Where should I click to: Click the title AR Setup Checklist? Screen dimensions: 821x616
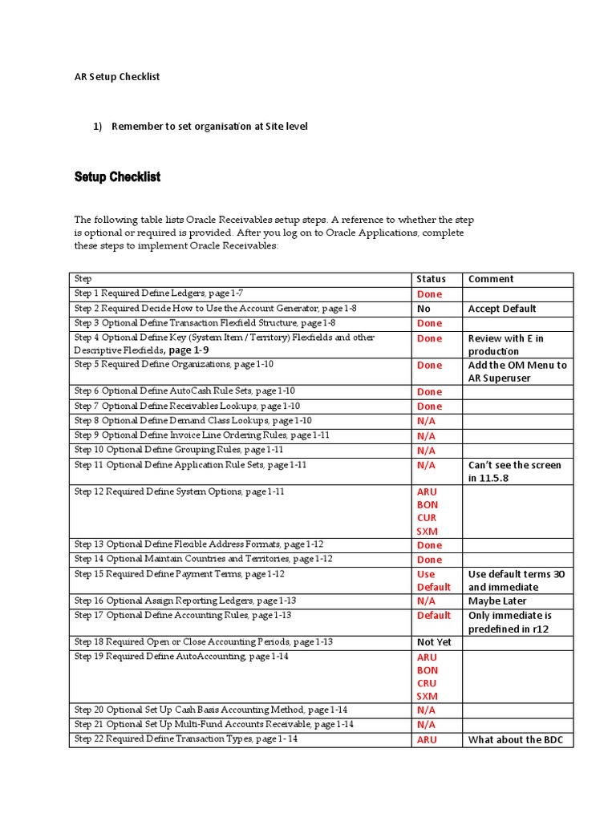coord(117,77)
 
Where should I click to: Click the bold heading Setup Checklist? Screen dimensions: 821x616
coord(117,176)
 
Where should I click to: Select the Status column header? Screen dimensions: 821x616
coord(432,279)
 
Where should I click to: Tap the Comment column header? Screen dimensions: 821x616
coord(491,279)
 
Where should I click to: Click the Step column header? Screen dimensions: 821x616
coord(83,279)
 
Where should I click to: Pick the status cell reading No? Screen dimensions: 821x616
coord(424,309)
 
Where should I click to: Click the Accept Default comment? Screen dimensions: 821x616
coord(502,309)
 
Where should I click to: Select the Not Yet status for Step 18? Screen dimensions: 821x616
coord(434,642)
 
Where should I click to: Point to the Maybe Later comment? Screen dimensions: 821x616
coord(497,601)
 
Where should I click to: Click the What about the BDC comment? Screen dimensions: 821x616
coord(516,740)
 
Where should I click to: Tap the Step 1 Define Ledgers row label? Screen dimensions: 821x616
coord(153,294)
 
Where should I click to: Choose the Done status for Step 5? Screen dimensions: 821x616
coord(429,366)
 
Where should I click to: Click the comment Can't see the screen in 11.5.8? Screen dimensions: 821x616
coord(514,471)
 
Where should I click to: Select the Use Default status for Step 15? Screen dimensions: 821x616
coord(433,580)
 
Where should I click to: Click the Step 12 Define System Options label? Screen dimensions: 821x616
coord(179,491)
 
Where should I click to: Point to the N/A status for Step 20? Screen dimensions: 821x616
coord(426,710)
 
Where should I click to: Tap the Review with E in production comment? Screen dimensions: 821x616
coord(505,345)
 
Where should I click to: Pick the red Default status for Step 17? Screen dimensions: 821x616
coord(433,616)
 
